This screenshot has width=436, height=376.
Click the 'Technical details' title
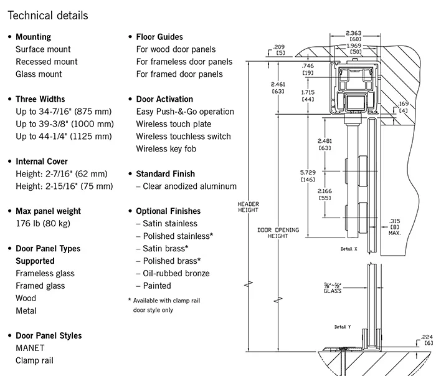[48, 14]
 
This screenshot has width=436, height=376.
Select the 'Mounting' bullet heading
[33, 37]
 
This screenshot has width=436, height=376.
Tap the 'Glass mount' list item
[39, 74]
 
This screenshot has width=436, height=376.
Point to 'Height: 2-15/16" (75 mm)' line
[64, 186]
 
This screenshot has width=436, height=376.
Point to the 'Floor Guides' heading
[159, 37]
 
